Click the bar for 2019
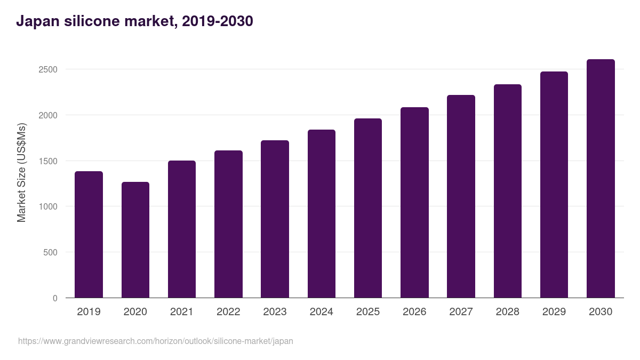pos(89,235)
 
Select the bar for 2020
pos(135,240)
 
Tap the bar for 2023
pos(275,219)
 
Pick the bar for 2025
pos(368,208)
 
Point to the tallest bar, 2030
pos(601,179)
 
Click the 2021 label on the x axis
pos(182,312)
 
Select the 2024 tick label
pos(322,312)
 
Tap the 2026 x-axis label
pos(414,312)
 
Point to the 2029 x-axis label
pos(554,312)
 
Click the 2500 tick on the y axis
pos(47,70)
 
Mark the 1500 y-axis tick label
pos(47,161)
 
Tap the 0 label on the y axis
pos(55,299)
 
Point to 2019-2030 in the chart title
pos(217,22)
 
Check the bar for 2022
pos(228,224)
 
